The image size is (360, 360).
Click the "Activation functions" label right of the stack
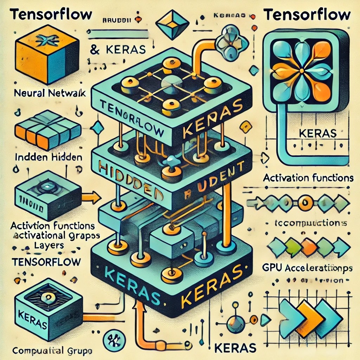pos(308,178)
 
